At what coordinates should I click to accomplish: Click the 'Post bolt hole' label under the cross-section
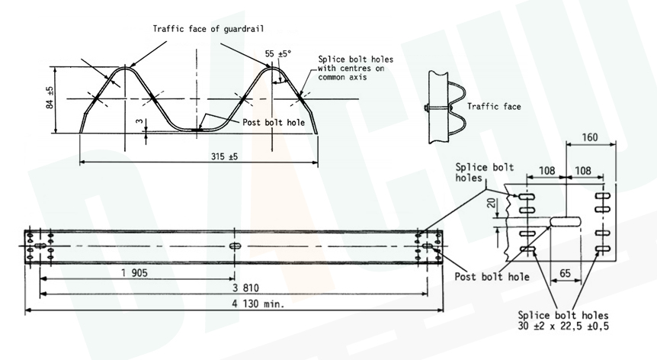click(274, 122)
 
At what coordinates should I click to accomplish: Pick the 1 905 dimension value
click(133, 273)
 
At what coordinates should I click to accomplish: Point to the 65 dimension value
click(566, 272)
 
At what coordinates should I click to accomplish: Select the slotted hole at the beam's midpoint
click(235, 246)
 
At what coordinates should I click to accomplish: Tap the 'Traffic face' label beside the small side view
click(494, 107)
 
